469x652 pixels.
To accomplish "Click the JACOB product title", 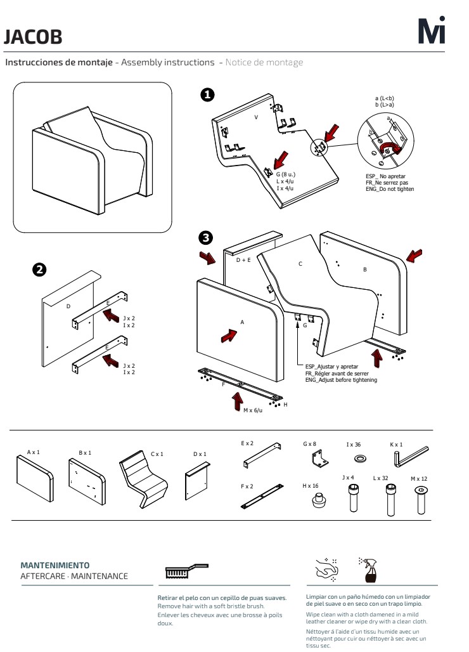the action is (x=33, y=37).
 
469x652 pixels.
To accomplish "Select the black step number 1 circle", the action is (x=207, y=95).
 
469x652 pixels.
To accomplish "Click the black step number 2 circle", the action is (x=39, y=270).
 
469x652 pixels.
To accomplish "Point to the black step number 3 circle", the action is (x=205, y=238).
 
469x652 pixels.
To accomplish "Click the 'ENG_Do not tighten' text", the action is (x=390, y=189).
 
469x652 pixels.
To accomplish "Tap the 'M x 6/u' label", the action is (x=253, y=410).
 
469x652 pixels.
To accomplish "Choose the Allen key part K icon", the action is (x=411, y=457).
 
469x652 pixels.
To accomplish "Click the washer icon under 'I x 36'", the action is (x=360, y=459).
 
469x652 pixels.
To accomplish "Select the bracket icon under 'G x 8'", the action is (x=320, y=459).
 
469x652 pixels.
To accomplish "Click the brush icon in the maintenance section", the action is (x=186, y=571).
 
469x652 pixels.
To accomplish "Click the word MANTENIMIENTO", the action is (x=55, y=566).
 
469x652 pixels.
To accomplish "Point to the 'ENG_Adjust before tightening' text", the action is (x=341, y=380).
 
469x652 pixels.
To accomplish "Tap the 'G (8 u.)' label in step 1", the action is (x=285, y=174).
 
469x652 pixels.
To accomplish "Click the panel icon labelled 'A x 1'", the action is (x=35, y=479).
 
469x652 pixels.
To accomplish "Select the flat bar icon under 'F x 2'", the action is (x=262, y=497).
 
